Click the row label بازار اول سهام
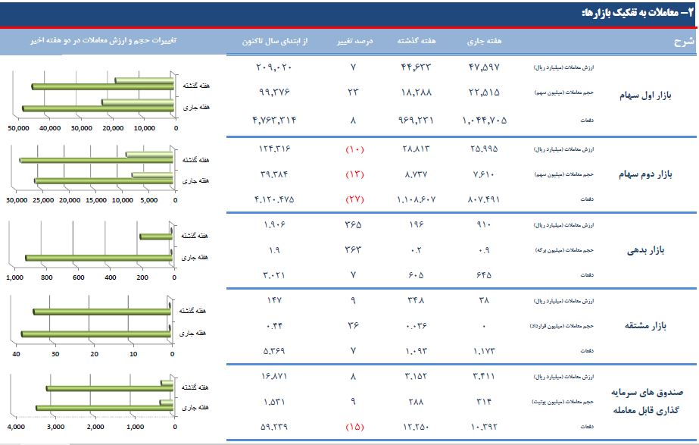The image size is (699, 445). tap(644, 97)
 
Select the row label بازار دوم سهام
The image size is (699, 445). tap(644, 175)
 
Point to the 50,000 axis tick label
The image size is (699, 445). tap(18, 127)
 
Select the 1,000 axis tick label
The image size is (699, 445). tap(14, 277)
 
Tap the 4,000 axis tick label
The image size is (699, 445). tap(17, 428)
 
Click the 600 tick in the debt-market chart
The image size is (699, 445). tap(78, 277)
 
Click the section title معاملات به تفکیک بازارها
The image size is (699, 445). tap(633, 13)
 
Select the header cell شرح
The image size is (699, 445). tap(682, 42)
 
